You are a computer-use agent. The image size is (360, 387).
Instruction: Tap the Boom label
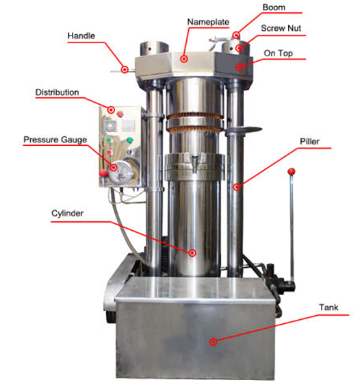pyautogui.click(x=274, y=8)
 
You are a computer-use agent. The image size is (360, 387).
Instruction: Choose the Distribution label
pyautogui.click(x=57, y=92)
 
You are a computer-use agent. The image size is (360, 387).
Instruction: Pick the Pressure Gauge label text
pyautogui.click(x=55, y=139)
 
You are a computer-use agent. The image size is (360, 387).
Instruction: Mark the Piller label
pyautogui.click(x=309, y=142)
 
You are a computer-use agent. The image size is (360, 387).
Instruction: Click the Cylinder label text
pyautogui.click(x=67, y=213)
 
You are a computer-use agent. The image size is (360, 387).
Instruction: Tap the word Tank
pyautogui.click(x=328, y=308)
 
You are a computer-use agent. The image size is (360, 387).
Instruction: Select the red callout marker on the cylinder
pyautogui.click(x=192, y=253)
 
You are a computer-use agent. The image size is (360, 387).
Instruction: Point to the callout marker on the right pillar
pyautogui.click(x=237, y=186)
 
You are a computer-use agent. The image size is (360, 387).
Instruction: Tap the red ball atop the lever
pyautogui.click(x=290, y=171)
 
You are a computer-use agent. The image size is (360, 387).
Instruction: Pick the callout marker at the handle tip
pyautogui.click(x=125, y=68)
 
